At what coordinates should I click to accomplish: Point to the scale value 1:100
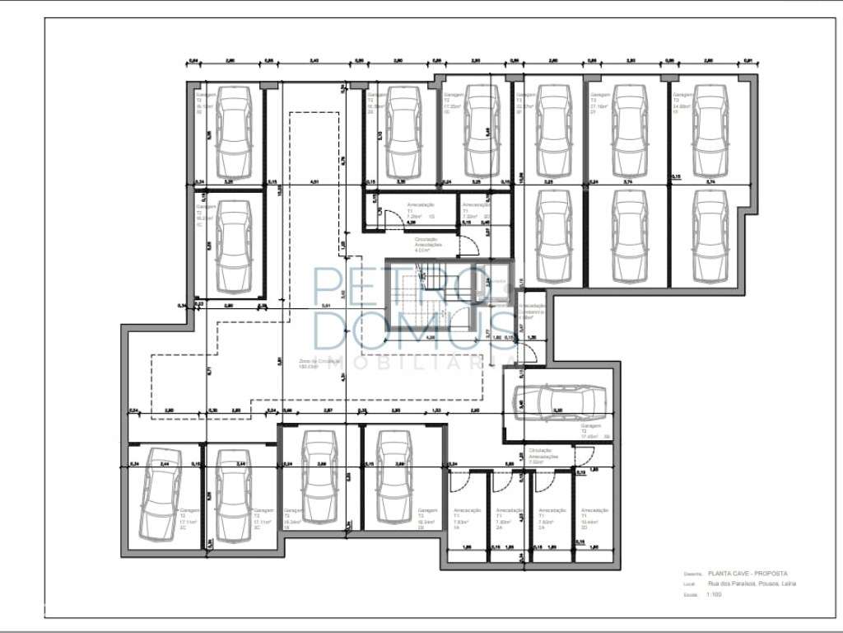[713, 594]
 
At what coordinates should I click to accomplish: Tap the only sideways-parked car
[559, 401]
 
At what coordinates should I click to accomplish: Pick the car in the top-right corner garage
[709, 132]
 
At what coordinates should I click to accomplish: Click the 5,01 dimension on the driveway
[326, 306]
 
